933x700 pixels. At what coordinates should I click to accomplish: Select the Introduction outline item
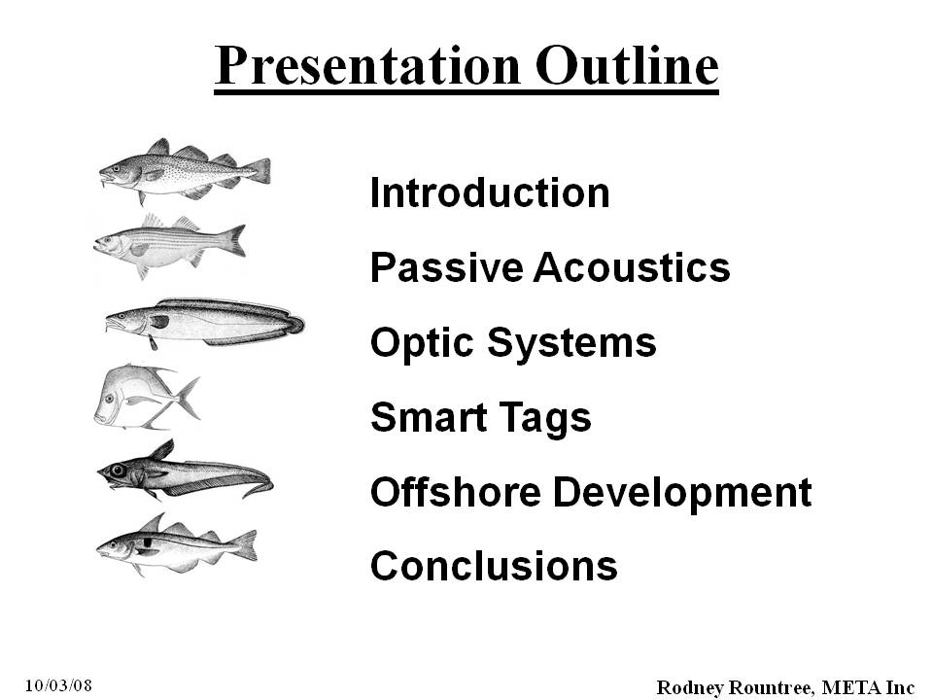coord(490,192)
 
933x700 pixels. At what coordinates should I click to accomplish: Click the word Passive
coord(446,267)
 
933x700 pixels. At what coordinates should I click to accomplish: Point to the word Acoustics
coord(632,267)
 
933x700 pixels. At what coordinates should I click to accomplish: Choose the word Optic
coord(423,343)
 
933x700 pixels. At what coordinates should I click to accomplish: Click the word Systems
coord(571,343)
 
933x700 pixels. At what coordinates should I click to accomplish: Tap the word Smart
coord(429,416)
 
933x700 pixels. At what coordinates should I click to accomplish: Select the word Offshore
coord(456,492)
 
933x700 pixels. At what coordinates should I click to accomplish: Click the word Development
coord(682,493)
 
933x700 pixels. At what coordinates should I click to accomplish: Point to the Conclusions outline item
coord(494,565)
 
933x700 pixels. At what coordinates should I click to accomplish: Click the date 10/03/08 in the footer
coord(59,685)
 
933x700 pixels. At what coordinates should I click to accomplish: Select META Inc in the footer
coord(868,687)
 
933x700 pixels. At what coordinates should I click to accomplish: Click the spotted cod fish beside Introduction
coord(185,171)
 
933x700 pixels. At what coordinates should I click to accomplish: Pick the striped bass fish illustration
coord(169,245)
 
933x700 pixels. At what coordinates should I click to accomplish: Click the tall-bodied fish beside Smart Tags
coord(147,397)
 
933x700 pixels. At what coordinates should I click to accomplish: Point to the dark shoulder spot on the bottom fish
coord(148,542)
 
